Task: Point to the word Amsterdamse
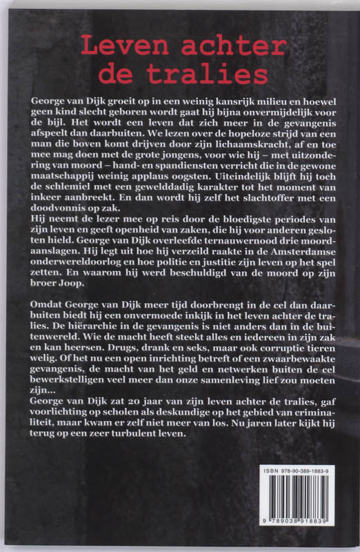pyautogui.click(x=288, y=264)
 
